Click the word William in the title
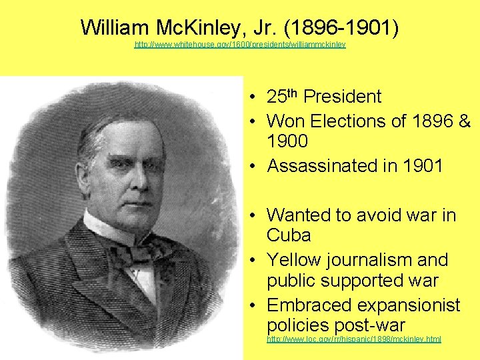(115, 27)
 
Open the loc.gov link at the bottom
(354, 339)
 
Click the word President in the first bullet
(342, 97)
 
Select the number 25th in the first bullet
(282, 97)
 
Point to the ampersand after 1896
(465, 121)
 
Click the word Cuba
(289, 235)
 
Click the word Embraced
(309, 305)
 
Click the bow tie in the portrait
(137, 252)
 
